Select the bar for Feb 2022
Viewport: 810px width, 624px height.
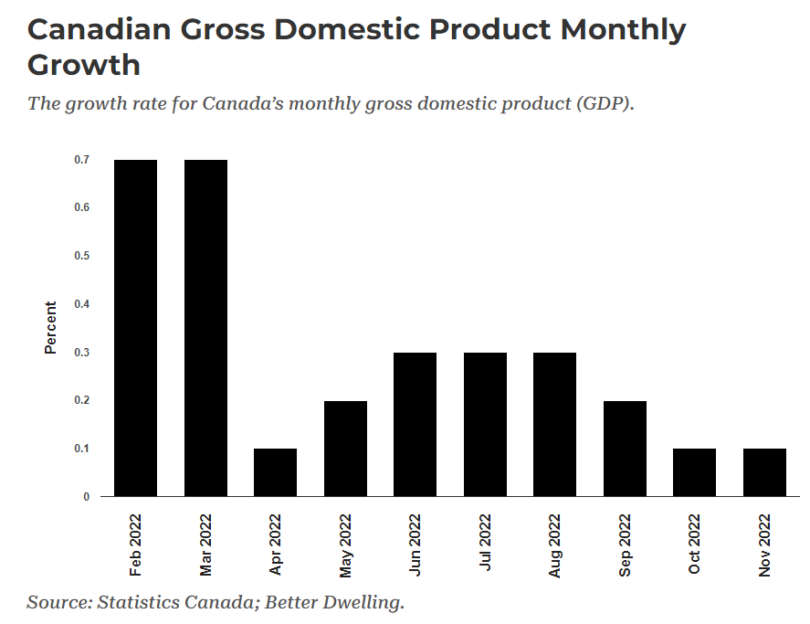(x=135, y=328)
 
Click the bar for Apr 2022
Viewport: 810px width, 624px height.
(x=275, y=472)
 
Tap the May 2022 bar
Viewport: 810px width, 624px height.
(x=345, y=449)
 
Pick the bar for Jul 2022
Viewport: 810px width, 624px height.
(x=485, y=424)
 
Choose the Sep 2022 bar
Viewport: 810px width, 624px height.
(x=625, y=449)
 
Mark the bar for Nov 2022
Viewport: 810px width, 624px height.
(x=764, y=472)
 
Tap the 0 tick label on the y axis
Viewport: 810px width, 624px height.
(x=87, y=497)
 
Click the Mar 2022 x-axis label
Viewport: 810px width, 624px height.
(x=205, y=545)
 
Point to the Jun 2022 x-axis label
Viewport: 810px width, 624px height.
(x=416, y=545)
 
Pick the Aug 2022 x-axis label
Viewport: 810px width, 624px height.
(x=555, y=545)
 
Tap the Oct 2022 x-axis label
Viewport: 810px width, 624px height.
(x=695, y=545)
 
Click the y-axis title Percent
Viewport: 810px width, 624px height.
(x=51, y=328)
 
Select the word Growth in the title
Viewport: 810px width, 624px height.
(x=84, y=66)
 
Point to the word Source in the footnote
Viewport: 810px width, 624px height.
(x=57, y=602)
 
